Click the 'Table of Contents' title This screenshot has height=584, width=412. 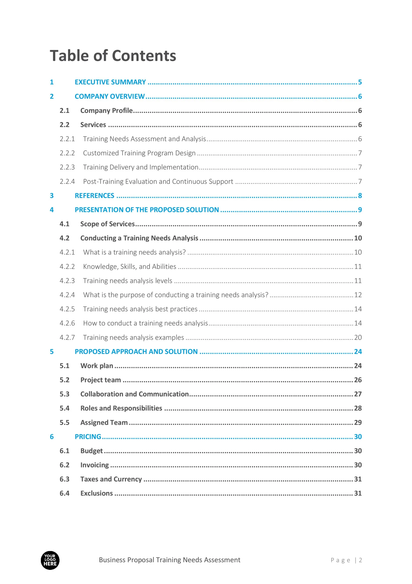(x=113, y=55)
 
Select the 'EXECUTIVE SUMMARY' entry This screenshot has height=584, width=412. (x=110, y=82)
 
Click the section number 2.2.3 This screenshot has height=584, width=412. (x=67, y=167)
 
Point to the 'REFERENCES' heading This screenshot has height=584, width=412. (x=95, y=196)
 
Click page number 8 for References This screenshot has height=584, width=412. (x=360, y=196)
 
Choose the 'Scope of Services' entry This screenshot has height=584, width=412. (x=107, y=224)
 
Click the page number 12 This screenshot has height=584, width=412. (x=358, y=295)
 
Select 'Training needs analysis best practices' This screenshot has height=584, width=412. (x=140, y=309)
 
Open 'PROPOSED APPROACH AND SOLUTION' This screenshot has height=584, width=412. (x=136, y=352)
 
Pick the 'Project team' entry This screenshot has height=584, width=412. (x=101, y=380)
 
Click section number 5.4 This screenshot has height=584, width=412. (x=64, y=408)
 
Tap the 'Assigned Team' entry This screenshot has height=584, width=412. (x=104, y=422)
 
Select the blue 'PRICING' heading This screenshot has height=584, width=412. (x=88, y=437)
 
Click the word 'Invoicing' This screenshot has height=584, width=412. (x=95, y=465)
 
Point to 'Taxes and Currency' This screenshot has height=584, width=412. (x=111, y=479)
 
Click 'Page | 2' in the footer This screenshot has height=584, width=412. (x=346, y=560)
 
